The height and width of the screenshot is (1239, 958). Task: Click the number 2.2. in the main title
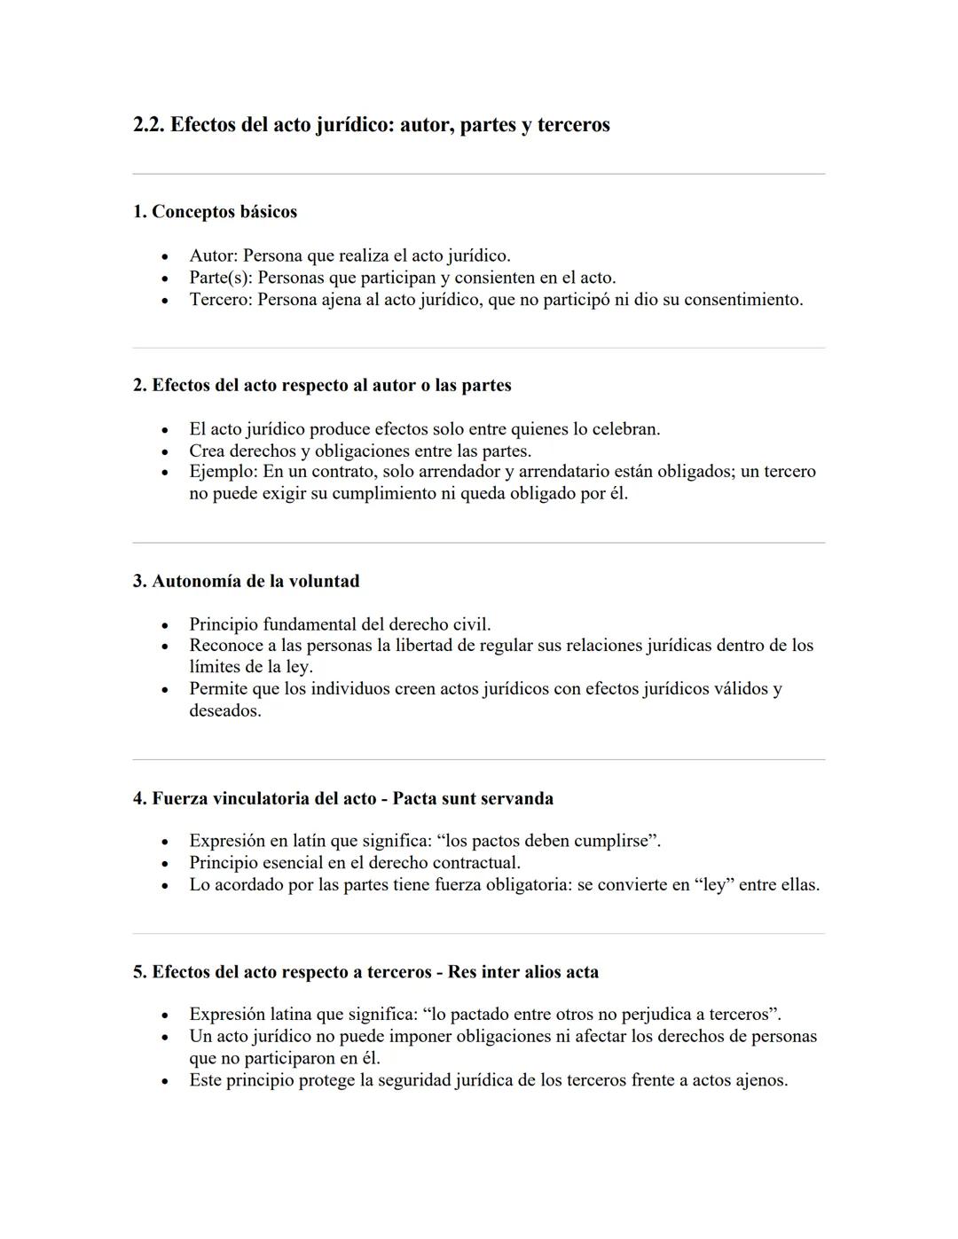pyautogui.click(x=149, y=125)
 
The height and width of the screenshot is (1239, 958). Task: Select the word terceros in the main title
pyautogui.click(x=573, y=125)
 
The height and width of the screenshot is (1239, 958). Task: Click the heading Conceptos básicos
pyautogui.click(x=224, y=212)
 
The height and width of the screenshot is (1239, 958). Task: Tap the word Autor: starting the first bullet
pyautogui.click(x=213, y=256)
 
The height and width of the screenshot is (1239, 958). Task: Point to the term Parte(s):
pyautogui.click(x=221, y=278)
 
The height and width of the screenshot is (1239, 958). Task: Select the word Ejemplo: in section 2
pyautogui.click(x=224, y=472)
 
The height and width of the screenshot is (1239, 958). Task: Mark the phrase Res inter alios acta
pyautogui.click(x=522, y=972)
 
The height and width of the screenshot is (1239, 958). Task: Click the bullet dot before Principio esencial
pyautogui.click(x=165, y=864)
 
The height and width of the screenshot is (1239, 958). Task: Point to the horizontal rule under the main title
pyautogui.click(x=478, y=174)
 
